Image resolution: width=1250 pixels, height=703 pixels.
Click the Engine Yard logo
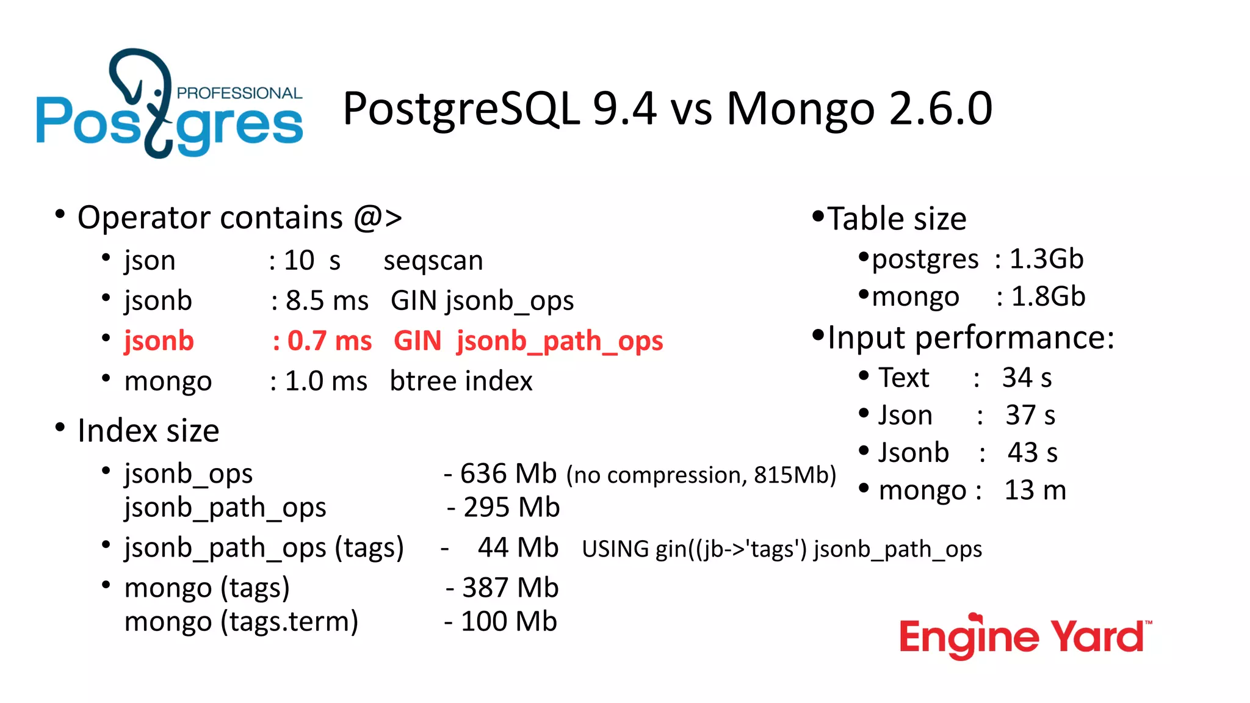1025,637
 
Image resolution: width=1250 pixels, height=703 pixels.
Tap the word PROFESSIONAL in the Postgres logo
239,93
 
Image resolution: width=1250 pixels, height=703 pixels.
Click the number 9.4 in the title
624,109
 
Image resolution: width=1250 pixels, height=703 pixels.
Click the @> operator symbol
378,218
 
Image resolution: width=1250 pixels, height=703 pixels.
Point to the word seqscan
433,261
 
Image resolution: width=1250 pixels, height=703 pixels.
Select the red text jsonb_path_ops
560,341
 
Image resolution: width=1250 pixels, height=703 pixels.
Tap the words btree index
461,381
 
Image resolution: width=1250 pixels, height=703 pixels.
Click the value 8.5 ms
327,301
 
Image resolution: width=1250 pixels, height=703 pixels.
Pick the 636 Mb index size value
508,474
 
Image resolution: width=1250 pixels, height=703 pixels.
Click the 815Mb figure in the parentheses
791,475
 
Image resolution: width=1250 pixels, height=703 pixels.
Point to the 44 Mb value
518,547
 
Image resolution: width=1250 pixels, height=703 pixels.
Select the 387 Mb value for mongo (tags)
510,588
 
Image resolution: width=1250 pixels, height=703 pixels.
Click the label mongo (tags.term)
241,622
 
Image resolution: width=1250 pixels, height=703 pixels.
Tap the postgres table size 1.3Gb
1046,259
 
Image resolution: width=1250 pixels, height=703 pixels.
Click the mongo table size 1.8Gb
1048,297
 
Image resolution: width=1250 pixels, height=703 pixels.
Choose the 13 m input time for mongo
1035,490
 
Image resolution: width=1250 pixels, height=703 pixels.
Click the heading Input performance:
970,337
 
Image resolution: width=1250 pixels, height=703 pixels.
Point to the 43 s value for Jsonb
1032,453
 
